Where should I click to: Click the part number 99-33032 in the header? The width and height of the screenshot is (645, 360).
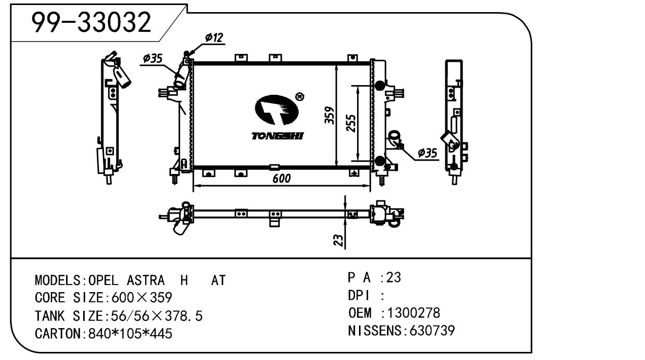(91, 22)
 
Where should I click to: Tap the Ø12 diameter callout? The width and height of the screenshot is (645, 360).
(214, 38)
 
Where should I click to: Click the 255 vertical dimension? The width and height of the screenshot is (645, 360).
(350, 123)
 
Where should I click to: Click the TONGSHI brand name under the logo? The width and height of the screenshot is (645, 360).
(277, 136)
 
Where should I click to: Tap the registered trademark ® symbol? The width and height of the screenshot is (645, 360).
(299, 97)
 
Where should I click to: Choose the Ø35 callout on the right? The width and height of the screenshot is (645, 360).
(427, 153)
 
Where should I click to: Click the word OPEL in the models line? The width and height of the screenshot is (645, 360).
(103, 280)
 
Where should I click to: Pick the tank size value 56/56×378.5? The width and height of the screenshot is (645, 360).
(153, 316)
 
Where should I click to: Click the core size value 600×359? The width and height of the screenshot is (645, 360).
(138, 298)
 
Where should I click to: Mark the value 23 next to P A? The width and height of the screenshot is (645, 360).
(393, 277)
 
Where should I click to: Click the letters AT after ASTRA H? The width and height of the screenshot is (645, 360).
(218, 280)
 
